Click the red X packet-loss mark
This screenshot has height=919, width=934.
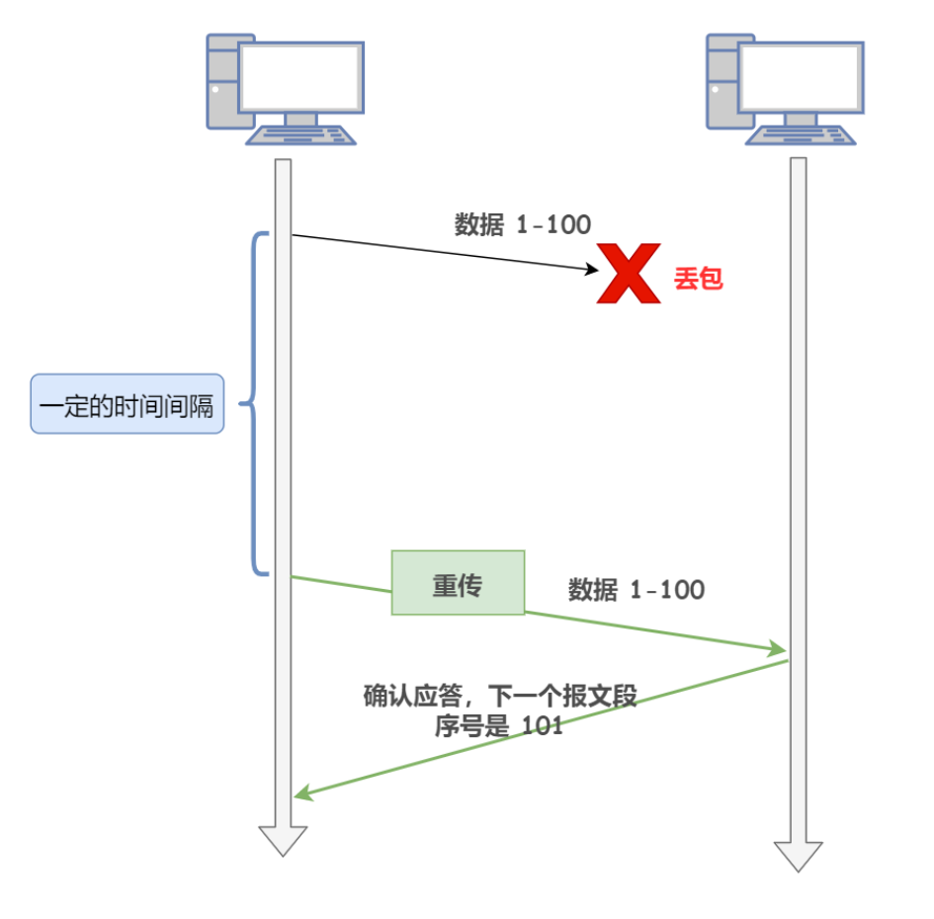click(x=628, y=274)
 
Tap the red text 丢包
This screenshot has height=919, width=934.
click(x=699, y=279)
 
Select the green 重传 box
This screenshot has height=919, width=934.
click(x=458, y=583)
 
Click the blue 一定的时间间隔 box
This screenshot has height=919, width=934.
click(x=127, y=404)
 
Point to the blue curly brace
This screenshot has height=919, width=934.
click(x=256, y=403)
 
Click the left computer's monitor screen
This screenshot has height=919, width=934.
click(x=301, y=76)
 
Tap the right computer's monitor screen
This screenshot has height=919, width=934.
click(x=801, y=76)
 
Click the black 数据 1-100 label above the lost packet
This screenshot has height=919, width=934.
click(x=522, y=224)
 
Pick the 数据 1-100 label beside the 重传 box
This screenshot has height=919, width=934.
click(x=636, y=590)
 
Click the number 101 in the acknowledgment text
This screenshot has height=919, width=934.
click(x=542, y=726)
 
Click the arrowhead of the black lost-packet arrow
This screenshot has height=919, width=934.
click(x=590, y=269)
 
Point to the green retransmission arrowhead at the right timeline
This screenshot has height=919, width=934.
click(x=778, y=649)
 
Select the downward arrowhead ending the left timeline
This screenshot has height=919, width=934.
click(x=283, y=839)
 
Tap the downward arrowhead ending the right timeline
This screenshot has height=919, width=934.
click(x=798, y=856)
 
